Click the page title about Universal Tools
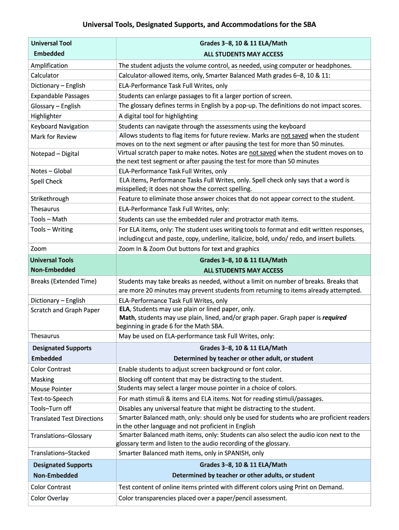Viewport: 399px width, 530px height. pyautogui.click(x=199, y=24)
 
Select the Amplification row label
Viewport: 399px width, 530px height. pyautogui.click(x=49, y=66)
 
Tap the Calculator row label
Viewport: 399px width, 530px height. pyautogui.click(x=45, y=76)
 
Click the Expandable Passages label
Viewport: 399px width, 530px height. pyautogui.click(x=60, y=96)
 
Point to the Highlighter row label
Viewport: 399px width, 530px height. pyautogui.click(x=46, y=116)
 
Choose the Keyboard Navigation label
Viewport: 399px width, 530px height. pyautogui.click(x=60, y=126)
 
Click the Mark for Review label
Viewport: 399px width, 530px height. pyautogui.click(x=53, y=137)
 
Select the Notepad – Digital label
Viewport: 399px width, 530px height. pyautogui.click(x=55, y=154)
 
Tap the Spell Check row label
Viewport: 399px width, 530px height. pyautogui.click(x=47, y=181)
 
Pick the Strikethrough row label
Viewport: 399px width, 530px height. pyautogui.click(x=50, y=199)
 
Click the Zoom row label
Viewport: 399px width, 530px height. pyautogui.click(x=38, y=249)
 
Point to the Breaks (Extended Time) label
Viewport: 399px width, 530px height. pyautogui.click(x=63, y=281)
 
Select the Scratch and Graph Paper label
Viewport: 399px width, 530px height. pyautogui.click(x=65, y=310)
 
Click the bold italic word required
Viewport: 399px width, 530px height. pyautogui.click(x=334, y=318)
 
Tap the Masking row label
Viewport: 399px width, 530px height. pyautogui.click(x=42, y=379)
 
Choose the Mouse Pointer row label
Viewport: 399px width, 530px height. pyautogui.click(x=51, y=389)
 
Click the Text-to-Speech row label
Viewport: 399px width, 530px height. pyautogui.click(x=52, y=399)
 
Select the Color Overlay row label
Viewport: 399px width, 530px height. pyautogui.click(x=50, y=498)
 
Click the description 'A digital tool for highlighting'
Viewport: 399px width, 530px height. pyautogui.click(x=158, y=116)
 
